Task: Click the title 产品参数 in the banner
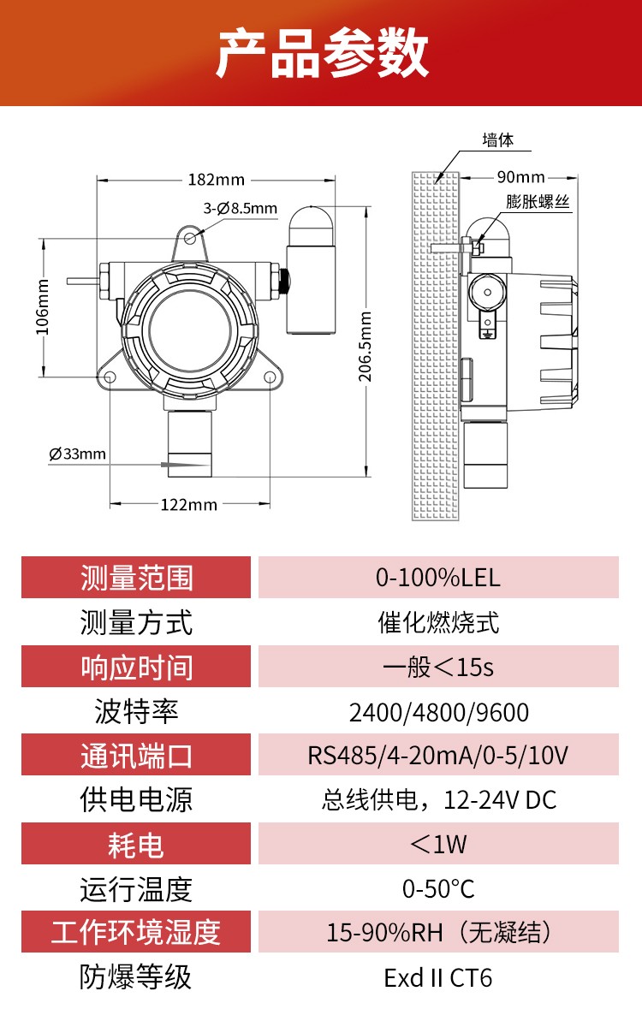click(x=321, y=54)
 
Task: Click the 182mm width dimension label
click(x=216, y=180)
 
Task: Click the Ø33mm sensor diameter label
click(x=78, y=454)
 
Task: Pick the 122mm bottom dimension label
click(x=189, y=504)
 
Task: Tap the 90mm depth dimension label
click(x=520, y=177)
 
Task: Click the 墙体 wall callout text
click(x=497, y=140)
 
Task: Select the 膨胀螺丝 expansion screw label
click(x=538, y=202)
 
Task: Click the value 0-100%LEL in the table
click(x=437, y=578)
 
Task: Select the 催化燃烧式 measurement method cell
click(x=437, y=622)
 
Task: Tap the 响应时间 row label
click(x=136, y=667)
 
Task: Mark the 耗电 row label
click(x=136, y=845)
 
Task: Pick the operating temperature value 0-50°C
click(x=437, y=889)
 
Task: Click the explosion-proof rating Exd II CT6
click(x=437, y=977)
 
